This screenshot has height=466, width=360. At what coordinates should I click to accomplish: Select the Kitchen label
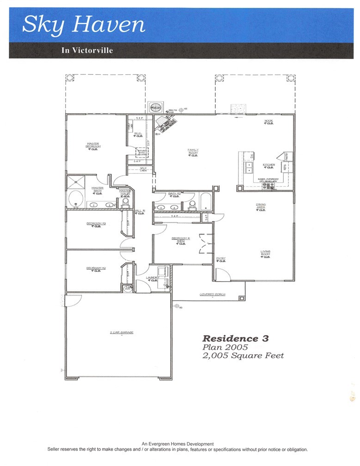click(x=269, y=165)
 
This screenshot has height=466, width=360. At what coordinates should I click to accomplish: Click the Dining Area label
click(x=261, y=206)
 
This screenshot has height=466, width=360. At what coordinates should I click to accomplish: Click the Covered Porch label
click(x=212, y=294)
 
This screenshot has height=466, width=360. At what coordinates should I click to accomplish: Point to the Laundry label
click(x=153, y=278)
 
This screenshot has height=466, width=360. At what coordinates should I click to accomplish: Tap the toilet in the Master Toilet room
click(x=125, y=202)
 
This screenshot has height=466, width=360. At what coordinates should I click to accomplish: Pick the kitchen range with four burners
click(x=268, y=186)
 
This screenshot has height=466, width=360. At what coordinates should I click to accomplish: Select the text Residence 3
click(x=236, y=338)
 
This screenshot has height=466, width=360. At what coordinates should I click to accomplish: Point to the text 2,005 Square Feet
click(x=243, y=356)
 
